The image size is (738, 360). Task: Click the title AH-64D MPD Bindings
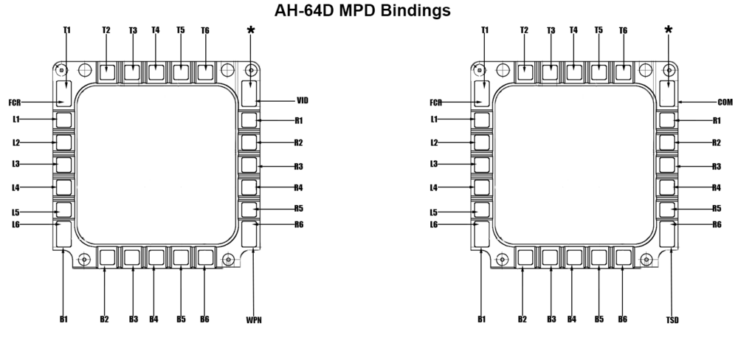(x=362, y=11)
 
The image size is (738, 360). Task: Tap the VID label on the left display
(x=302, y=100)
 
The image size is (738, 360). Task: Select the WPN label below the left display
(x=254, y=319)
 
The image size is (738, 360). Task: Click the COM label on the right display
(x=725, y=102)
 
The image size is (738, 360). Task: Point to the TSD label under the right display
(x=672, y=319)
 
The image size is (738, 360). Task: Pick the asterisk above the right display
(x=669, y=30)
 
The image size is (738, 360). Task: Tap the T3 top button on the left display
(x=132, y=72)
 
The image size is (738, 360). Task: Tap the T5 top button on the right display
(x=599, y=72)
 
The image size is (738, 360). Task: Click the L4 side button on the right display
(x=482, y=187)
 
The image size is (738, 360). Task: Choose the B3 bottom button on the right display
(x=550, y=257)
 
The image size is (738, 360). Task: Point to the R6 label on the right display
(x=717, y=224)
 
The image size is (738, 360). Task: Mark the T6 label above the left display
(x=205, y=30)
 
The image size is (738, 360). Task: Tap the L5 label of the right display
(x=434, y=212)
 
